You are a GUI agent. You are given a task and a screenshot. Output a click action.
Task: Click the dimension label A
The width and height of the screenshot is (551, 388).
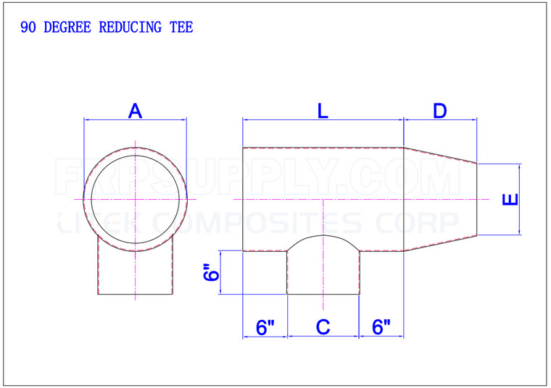coord(135,111)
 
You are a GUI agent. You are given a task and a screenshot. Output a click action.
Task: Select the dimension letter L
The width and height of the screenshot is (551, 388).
coord(323,111)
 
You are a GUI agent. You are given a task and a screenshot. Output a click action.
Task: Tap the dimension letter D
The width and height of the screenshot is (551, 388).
coord(439,111)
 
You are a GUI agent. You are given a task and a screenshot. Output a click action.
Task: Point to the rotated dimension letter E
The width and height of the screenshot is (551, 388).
coord(510,199)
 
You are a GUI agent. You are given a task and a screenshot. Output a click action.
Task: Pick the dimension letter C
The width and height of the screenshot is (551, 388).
coord(323,327)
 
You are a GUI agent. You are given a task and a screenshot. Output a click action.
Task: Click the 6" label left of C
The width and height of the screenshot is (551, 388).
coord(265,327)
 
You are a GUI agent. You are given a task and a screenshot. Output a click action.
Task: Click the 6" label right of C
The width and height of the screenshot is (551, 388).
coord(381,327)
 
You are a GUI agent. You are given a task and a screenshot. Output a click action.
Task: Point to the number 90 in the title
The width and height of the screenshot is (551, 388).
coord(29,28)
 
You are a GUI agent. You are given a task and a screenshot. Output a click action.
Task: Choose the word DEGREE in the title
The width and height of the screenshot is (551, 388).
coord(66,28)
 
